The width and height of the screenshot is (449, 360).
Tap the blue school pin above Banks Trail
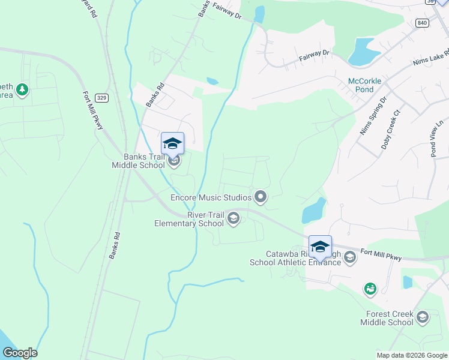(x=172, y=143)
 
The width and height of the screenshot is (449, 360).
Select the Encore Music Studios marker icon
(x=261, y=196)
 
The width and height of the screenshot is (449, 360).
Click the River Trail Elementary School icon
(x=234, y=220)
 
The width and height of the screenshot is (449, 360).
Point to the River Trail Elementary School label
(x=189, y=219)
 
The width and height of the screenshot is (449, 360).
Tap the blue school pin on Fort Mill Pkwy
(x=320, y=246)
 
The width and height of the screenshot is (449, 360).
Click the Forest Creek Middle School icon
(x=422, y=317)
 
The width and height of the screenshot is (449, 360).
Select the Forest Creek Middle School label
(x=387, y=318)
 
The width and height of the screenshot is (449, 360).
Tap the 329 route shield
(x=102, y=97)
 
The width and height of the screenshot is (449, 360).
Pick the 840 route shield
(x=421, y=23)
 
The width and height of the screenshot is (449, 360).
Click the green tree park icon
(x=22, y=90)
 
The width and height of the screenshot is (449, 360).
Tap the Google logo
(x=20, y=353)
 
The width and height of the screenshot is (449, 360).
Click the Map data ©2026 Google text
(x=411, y=355)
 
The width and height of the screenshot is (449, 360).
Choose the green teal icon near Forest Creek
(x=370, y=289)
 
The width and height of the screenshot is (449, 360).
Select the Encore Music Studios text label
(x=211, y=197)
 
